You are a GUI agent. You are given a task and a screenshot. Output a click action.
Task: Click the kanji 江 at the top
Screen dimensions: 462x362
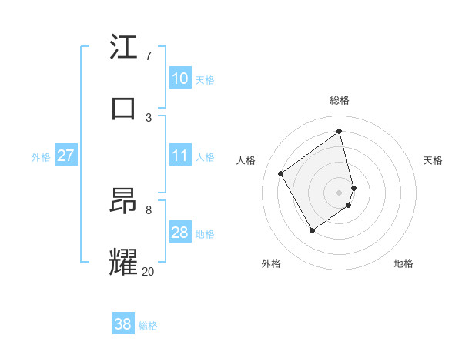pyautogui.click(x=123, y=47)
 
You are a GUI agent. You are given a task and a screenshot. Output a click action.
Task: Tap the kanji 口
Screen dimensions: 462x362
pyautogui.click(x=123, y=109)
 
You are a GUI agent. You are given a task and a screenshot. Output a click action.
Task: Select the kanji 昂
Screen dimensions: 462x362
pyautogui.click(x=123, y=201)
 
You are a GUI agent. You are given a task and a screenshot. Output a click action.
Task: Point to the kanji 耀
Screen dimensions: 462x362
pyautogui.click(x=123, y=262)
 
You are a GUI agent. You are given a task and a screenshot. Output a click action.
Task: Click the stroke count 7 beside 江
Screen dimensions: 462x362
pyautogui.click(x=148, y=55)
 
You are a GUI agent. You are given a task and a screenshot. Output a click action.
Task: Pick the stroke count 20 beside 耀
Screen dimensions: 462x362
pyautogui.click(x=148, y=270)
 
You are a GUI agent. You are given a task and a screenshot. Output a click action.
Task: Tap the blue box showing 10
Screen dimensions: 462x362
pyautogui.click(x=180, y=79)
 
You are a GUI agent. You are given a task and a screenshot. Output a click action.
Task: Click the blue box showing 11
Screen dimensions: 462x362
pyautogui.click(x=180, y=156)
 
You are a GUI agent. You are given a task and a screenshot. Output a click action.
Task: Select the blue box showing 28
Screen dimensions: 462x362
pyautogui.click(x=180, y=233)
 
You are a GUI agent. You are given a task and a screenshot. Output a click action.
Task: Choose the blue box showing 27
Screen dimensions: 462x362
pyautogui.click(x=65, y=156)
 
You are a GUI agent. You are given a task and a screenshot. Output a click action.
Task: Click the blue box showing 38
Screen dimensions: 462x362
pyautogui.click(x=123, y=324)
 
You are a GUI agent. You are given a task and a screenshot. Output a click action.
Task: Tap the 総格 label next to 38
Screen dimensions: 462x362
pyautogui.click(x=148, y=326)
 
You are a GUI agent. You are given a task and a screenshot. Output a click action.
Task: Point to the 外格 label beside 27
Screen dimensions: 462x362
pyautogui.click(x=41, y=157)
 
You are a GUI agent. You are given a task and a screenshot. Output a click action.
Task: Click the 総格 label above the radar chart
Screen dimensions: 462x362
pyautogui.click(x=340, y=100)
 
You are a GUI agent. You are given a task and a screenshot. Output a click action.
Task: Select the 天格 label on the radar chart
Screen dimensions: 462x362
pyautogui.click(x=433, y=160)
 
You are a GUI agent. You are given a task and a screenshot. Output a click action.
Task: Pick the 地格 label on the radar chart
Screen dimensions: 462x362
pyautogui.click(x=403, y=263)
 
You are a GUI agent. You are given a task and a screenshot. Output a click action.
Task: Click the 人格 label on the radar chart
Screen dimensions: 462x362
pyautogui.click(x=246, y=160)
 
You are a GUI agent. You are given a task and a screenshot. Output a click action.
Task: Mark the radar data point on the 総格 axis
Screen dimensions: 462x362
pyautogui.click(x=340, y=132)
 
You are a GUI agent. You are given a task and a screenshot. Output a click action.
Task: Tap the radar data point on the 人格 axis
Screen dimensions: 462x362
pyautogui.click(x=281, y=174)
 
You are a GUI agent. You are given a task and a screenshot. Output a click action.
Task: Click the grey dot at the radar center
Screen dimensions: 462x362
pyautogui.click(x=340, y=192)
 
